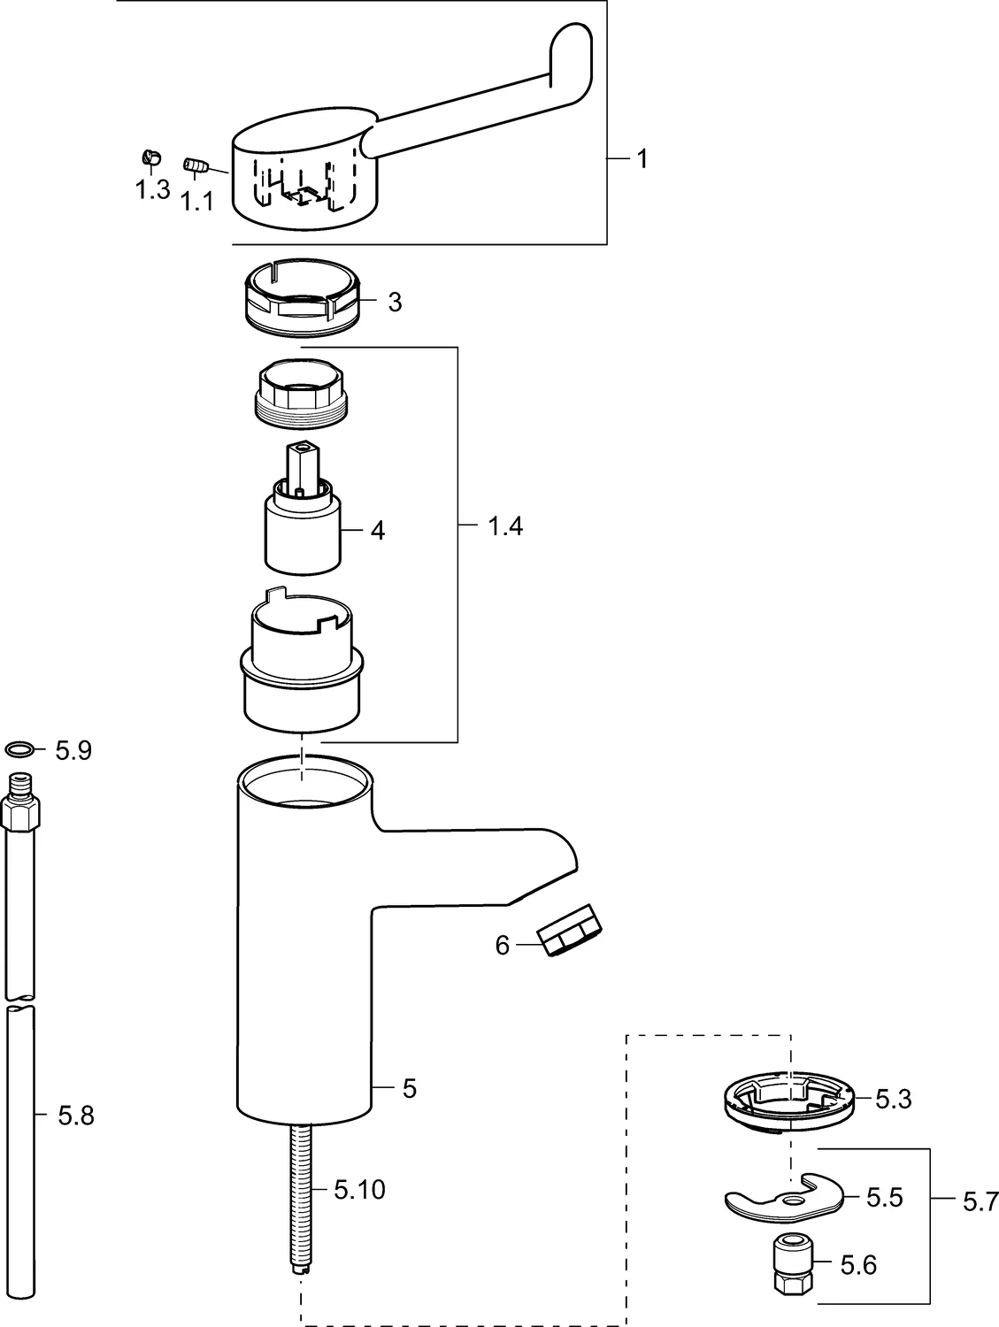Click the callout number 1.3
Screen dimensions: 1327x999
[152, 189]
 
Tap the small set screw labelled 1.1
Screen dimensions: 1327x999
[195, 165]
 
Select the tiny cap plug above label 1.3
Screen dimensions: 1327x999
[150, 158]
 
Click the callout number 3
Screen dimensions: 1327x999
[395, 303]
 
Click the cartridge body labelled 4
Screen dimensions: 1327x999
[302, 534]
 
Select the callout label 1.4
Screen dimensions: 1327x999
[504, 527]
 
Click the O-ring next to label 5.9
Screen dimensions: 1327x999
[21, 750]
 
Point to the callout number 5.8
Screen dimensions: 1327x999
[75, 1116]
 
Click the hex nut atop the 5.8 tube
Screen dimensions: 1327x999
[20, 811]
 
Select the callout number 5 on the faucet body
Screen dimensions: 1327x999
[409, 1088]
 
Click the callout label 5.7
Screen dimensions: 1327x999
[979, 1201]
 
